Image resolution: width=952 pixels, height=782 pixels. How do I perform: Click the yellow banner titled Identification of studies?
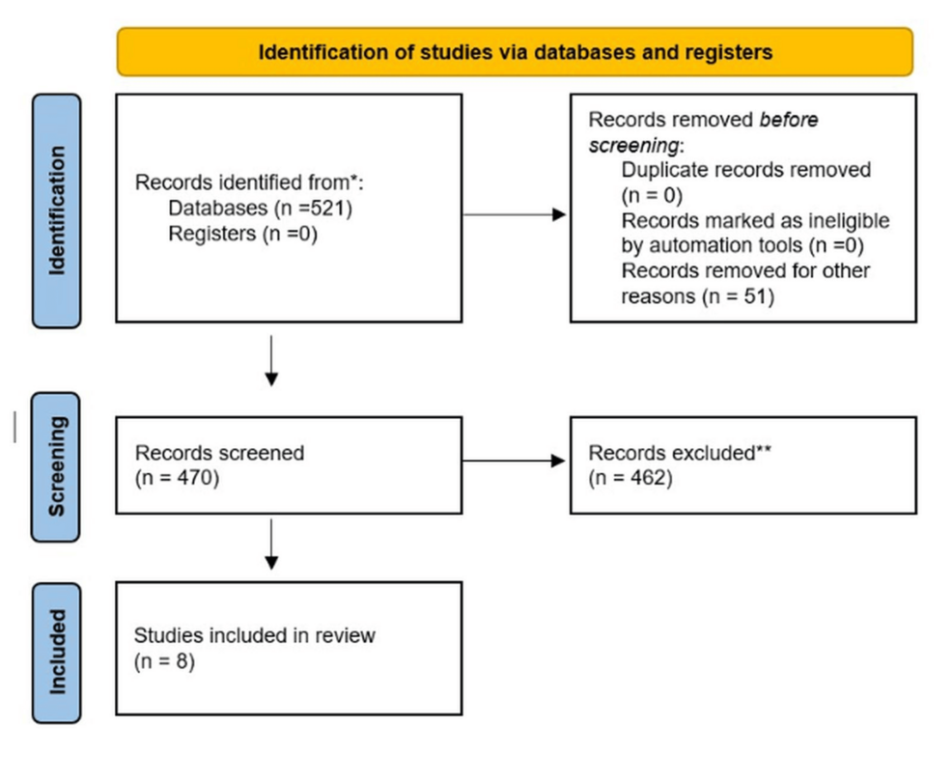[515, 52]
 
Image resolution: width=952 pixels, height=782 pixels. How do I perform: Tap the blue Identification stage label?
[57, 210]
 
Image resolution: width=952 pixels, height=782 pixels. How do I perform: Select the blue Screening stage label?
[57, 465]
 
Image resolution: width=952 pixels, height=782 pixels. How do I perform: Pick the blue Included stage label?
[57, 652]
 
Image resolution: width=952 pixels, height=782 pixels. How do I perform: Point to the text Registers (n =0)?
[242, 233]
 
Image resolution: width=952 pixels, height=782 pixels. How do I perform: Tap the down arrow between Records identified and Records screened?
[271, 361]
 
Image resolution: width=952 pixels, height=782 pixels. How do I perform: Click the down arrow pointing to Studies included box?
[271, 545]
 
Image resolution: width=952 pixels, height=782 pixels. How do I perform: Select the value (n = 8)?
[165, 661]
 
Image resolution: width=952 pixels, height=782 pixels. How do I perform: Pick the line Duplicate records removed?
[745, 170]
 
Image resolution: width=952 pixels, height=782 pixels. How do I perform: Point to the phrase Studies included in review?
[254, 635]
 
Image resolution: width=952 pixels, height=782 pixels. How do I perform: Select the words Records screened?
[219, 453]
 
